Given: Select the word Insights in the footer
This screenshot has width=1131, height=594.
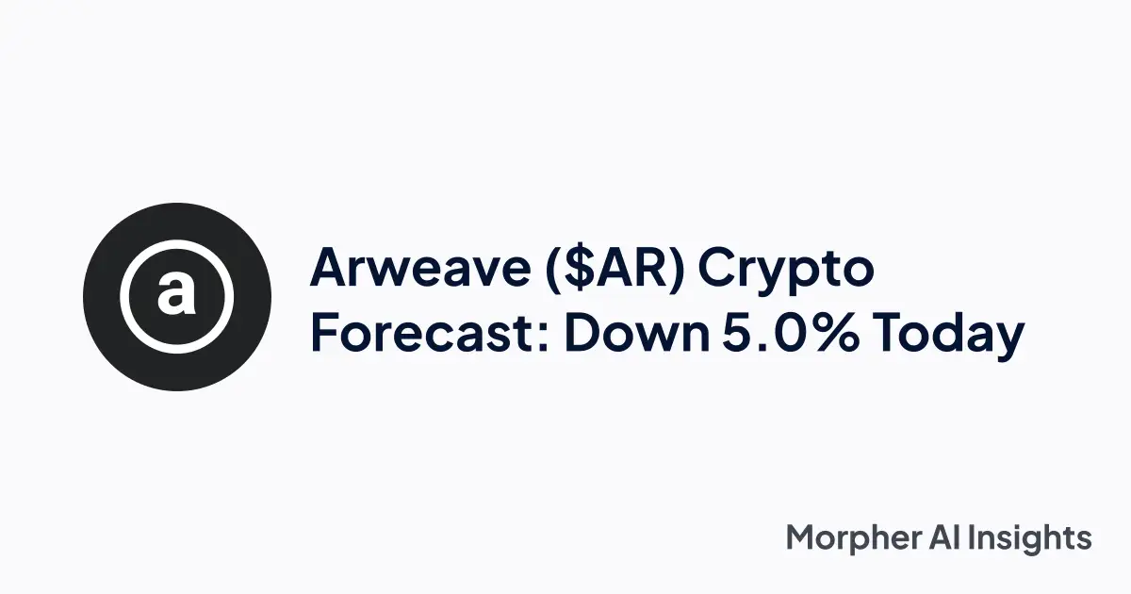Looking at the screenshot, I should (1037, 539).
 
